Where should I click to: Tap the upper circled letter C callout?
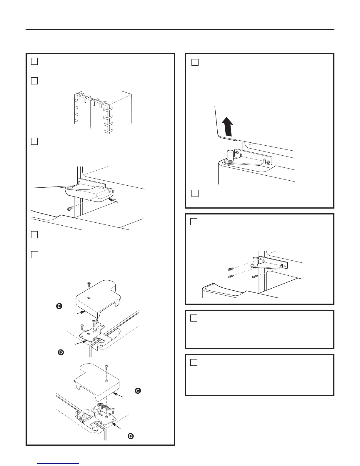tap(59, 306)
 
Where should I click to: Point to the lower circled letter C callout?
tap(138, 391)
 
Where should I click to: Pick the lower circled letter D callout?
tap(131, 436)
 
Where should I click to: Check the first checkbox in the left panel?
tap(34, 61)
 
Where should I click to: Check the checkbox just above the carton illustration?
tap(34, 81)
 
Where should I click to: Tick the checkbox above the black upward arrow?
tap(195, 62)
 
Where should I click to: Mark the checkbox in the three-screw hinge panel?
tap(194, 222)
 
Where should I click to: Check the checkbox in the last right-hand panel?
tap(194, 362)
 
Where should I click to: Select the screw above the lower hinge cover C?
tap(106, 367)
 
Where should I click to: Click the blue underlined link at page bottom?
tap(59, 463)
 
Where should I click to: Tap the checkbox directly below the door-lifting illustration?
tap(195, 193)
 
